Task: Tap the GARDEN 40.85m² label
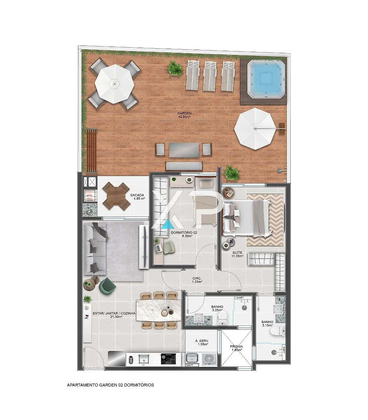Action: [184, 115]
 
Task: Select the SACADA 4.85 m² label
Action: [137, 197]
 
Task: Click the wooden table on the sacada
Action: [116, 196]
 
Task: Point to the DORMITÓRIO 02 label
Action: [184, 233]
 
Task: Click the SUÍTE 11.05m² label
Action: [238, 254]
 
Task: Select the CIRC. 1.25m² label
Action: [197, 280]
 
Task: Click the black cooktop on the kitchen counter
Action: [168, 359]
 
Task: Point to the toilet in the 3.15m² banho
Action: [278, 331]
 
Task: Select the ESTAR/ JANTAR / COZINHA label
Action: [114, 314]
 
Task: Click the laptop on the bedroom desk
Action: [158, 248]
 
